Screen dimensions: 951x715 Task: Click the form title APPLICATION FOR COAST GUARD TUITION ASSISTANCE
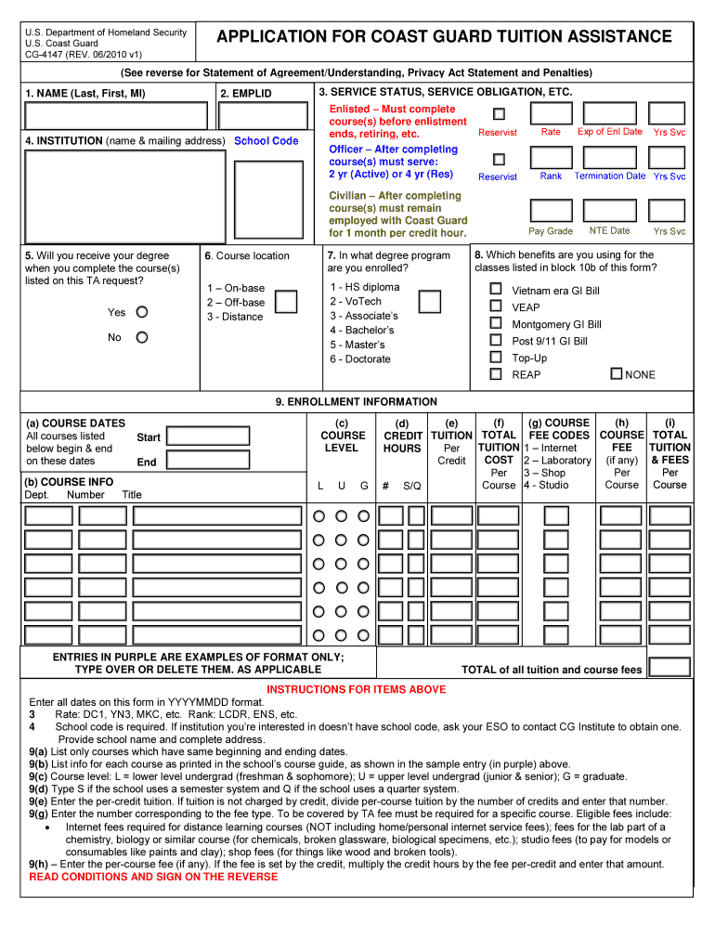coord(444,37)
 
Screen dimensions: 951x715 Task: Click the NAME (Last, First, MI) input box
coord(116,115)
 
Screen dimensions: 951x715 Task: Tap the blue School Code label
coord(266,141)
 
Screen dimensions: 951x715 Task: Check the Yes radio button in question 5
coord(142,312)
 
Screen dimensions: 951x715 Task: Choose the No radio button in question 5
coord(142,337)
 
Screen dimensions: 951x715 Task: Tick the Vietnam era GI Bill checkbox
coord(496,290)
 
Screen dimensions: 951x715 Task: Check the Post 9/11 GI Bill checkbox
coord(496,341)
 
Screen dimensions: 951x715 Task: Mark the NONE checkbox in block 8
coord(616,373)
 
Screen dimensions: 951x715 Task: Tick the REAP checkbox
coord(496,373)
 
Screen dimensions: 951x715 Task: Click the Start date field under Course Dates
coord(207,436)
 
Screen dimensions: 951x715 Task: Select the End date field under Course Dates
coord(207,462)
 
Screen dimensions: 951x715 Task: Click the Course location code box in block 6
coord(287,301)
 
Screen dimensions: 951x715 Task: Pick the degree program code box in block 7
coord(429,301)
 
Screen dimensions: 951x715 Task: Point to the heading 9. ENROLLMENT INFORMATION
coord(357,402)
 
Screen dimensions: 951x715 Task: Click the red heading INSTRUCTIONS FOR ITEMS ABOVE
coord(357,690)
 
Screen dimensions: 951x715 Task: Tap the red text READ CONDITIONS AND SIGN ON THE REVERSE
coord(153,877)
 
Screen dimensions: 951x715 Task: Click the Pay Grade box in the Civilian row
coord(551,209)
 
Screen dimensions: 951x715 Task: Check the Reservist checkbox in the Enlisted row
coord(499,113)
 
